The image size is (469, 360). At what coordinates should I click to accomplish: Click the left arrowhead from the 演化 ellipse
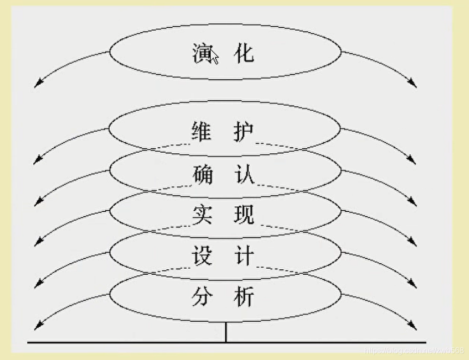(37, 86)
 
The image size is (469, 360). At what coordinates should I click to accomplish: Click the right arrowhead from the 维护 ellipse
(414, 162)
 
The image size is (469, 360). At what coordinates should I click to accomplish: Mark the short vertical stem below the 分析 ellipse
(226, 332)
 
